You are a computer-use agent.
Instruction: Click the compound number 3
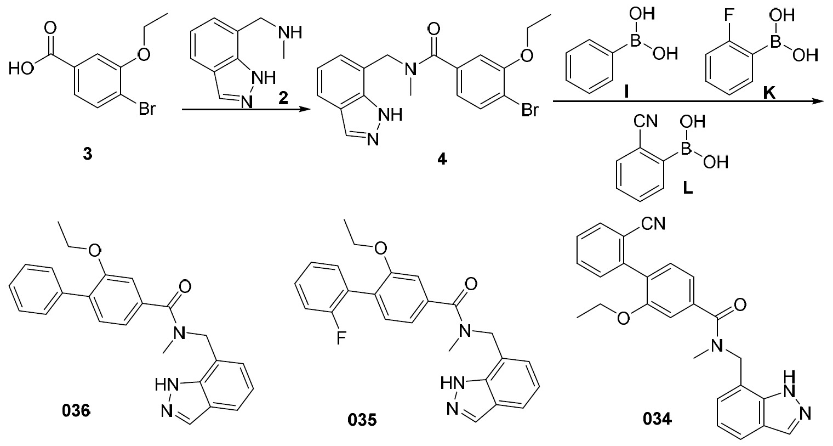[x=88, y=154]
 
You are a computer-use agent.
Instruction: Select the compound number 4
[x=442, y=160]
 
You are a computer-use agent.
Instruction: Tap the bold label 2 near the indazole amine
[x=283, y=98]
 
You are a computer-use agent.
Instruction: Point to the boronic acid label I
[x=626, y=92]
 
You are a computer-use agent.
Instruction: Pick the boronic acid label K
[x=769, y=93]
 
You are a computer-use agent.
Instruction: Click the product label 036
[x=76, y=412]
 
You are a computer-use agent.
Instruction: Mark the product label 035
[x=362, y=420]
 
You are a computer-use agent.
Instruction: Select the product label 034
[x=658, y=419]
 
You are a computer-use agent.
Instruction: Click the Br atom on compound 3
[x=147, y=110]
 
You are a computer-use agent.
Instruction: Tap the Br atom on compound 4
[x=530, y=111]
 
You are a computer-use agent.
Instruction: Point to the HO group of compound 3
[x=21, y=69]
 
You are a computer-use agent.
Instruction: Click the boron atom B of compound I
[x=636, y=40]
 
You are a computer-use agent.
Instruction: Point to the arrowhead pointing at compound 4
[x=305, y=109]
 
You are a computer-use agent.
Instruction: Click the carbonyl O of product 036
[x=185, y=287]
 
